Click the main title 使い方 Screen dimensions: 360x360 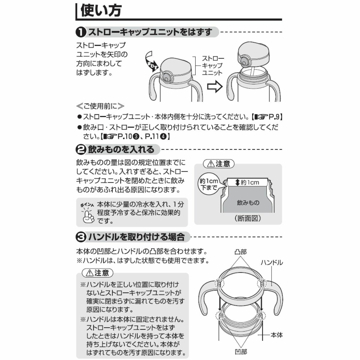pos(101,11)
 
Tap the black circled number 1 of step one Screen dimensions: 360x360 pos(81,32)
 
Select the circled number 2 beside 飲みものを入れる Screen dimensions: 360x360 pos(81,150)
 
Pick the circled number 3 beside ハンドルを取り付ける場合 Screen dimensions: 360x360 pos(81,237)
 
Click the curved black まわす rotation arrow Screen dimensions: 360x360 pos(151,62)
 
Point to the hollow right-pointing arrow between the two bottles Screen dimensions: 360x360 pos(215,86)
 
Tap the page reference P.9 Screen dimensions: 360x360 pos(274,117)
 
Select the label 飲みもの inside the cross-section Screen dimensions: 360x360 pos(248,202)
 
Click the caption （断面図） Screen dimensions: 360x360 pos(248,218)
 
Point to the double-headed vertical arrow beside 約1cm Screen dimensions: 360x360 pos(237,182)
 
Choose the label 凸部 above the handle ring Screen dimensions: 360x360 pos(241,252)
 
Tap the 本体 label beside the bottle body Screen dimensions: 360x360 pos(277,335)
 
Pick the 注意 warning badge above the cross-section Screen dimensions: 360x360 pos(219,164)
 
